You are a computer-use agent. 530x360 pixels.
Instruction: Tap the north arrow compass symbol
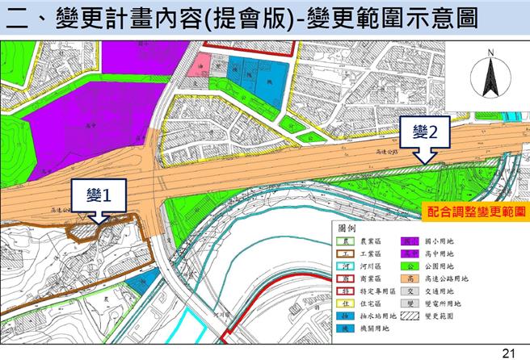pos(490,77)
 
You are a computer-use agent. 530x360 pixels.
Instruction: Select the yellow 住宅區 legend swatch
pos(344,303)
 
